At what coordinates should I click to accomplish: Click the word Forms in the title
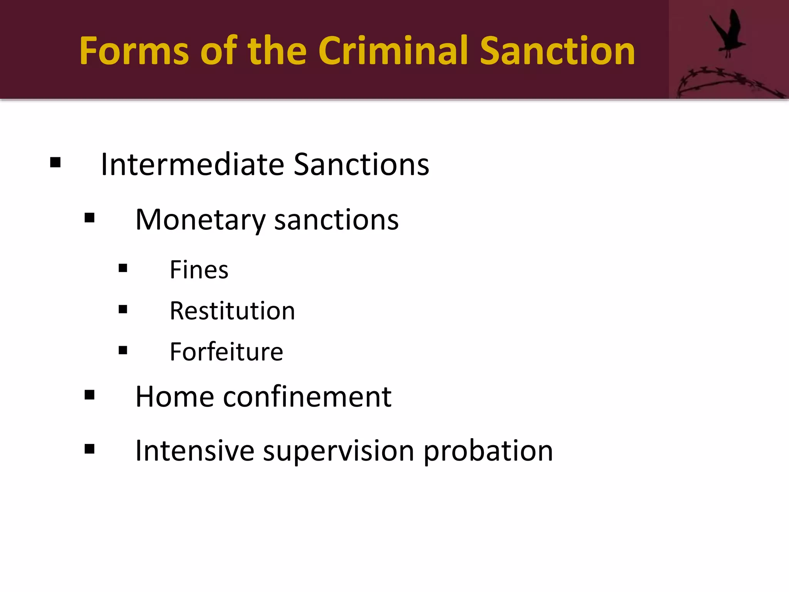pyautogui.click(x=134, y=51)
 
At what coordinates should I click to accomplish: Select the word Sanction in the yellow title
pyautogui.click(x=557, y=51)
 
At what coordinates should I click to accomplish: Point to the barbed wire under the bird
pyautogui.click(x=724, y=79)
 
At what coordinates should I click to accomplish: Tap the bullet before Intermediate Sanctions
pyautogui.click(x=55, y=163)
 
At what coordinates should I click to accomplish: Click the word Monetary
pyautogui.click(x=200, y=220)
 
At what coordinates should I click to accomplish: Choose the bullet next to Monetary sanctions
pyautogui.click(x=89, y=218)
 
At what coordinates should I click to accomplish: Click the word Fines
pyautogui.click(x=199, y=270)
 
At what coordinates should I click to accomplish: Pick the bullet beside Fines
pyautogui.click(x=123, y=268)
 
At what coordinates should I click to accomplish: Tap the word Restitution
pyautogui.click(x=232, y=311)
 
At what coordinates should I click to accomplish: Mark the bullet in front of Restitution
pyautogui.click(x=123, y=309)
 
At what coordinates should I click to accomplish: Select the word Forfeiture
pyautogui.click(x=226, y=352)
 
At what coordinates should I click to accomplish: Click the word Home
pyautogui.click(x=175, y=397)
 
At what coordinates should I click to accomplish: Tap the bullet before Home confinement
pyautogui.click(x=89, y=395)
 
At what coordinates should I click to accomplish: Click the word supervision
pyautogui.click(x=338, y=451)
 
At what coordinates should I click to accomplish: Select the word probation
pyautogui.click(x=488, y=451)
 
